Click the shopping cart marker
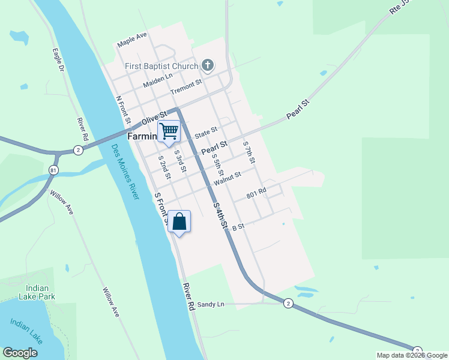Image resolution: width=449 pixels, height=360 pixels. click(x=169, y=131)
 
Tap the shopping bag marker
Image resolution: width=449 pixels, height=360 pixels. click(x=179, y=222)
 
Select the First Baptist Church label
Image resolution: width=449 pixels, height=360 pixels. click(x=162, y=65)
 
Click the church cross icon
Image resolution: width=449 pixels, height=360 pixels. click(x=207, y=65)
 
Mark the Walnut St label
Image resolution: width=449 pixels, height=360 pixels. click(x=227, y=178)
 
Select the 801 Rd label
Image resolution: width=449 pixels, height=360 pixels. click(x=256, y=194)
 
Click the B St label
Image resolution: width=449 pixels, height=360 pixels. click(x=238, y=227)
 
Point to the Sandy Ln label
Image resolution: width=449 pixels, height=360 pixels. click(x=210, y=305)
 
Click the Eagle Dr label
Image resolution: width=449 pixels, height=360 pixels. click(x=58, y=61)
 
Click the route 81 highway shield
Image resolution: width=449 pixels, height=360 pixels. click(x=53, y=170)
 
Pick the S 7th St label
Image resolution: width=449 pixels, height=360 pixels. click(x=249, y=152)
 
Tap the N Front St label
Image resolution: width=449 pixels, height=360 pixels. click(x=123, y=110)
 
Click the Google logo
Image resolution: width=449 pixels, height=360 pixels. click(x=20, y=353)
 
